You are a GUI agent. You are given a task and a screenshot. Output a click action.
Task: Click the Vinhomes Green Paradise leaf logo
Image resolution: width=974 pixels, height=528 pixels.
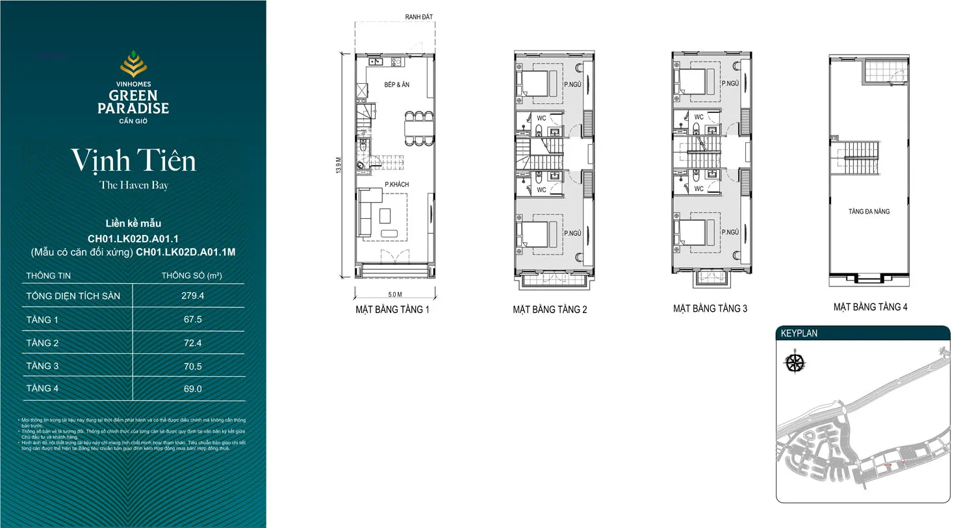[133, 64]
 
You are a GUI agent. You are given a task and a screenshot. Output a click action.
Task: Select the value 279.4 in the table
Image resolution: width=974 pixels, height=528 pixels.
[192, 295]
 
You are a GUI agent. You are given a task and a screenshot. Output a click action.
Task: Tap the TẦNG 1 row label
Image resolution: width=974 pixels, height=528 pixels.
[42, 320]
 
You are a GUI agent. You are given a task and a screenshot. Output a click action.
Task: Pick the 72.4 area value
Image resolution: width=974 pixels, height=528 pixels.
[192, 343]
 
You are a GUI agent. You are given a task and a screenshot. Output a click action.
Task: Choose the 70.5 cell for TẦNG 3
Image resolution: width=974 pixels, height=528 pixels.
[192, 366]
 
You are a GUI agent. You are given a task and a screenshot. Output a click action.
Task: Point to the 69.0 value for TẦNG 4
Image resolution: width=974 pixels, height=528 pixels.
[192, 389]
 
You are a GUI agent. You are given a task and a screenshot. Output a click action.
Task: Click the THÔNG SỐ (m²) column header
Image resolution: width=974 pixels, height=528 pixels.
[192, 275]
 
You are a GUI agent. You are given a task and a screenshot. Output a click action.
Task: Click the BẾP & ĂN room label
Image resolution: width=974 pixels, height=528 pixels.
[396, 84]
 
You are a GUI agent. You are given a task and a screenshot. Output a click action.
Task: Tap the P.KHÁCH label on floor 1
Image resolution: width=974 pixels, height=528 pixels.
[396, 184]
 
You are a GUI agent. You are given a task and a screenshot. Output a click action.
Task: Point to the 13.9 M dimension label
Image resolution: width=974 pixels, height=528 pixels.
[339, 165]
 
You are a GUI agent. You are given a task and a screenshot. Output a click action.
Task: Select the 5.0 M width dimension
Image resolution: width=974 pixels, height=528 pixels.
[395, 294]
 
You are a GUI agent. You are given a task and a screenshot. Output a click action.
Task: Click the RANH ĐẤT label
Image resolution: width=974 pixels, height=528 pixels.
[418, 17]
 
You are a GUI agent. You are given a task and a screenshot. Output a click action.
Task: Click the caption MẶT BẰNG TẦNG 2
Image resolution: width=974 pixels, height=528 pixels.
[550, 310]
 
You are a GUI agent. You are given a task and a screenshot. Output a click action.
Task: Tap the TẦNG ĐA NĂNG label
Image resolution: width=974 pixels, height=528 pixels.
[869, 212]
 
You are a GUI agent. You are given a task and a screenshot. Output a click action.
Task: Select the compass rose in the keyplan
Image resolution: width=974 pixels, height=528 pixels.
[795, 362]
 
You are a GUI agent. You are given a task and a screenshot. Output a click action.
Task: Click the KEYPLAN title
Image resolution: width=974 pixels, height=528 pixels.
[799, 333]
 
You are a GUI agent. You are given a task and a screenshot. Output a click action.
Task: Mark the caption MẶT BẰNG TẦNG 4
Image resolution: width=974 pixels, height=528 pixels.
[870, 307]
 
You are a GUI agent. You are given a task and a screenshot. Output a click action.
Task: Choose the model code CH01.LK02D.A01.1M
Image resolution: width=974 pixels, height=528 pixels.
[185, 252]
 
